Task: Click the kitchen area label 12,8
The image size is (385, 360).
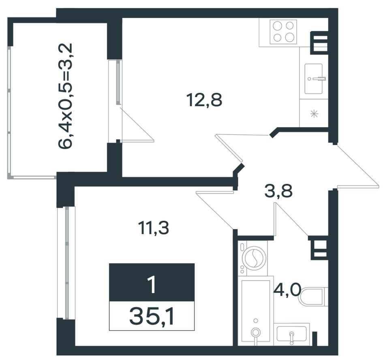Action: [x=204, y=100]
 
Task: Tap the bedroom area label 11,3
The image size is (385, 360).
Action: [x=154, y=228]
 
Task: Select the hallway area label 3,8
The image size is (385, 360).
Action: [x=278, y=191]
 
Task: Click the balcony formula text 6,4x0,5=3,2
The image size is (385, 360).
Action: [x=65, y=96]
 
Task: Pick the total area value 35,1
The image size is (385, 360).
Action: [x=152, y=316]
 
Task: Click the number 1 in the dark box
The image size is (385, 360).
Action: [x=152, y=285]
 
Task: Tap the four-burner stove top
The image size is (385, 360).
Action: [x=283, y=32]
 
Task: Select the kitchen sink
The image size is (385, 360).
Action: [x=314, y=79]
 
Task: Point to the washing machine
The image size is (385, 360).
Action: [x=252, y=258]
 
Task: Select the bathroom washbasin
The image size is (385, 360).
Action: [x=292, y=334]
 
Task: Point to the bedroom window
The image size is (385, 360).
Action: [x=66, y=263]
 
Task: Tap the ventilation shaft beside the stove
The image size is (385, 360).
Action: [x=320, y=43]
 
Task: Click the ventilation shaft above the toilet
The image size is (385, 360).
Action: [x=319, y=248]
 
